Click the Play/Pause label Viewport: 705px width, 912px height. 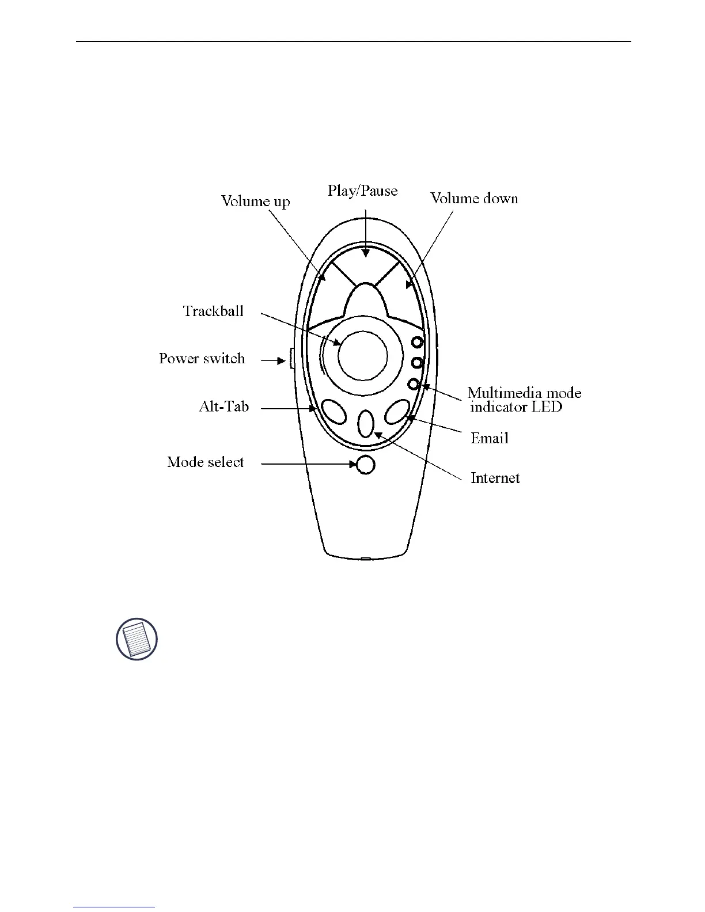tap(363, 191)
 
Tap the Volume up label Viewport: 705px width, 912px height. tap(256, 201)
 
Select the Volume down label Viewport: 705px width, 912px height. tap(474, 199)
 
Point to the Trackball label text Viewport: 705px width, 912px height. tap(213, 311)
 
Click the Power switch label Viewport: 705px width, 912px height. tap(202, 359)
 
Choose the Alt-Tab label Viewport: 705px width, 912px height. tap(223, 407)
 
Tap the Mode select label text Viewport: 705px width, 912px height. tap(205, 462)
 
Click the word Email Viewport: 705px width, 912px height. tap(490, 438)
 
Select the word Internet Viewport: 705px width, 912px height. tap(495, 478)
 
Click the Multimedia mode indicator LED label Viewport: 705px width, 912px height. tap(524, 400)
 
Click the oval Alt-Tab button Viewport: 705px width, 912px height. tap(333, 412)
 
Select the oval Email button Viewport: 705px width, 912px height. tap(397, 412)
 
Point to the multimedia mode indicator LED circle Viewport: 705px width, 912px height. tap(413, 384)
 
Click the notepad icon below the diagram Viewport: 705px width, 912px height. tap(137, 639)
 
